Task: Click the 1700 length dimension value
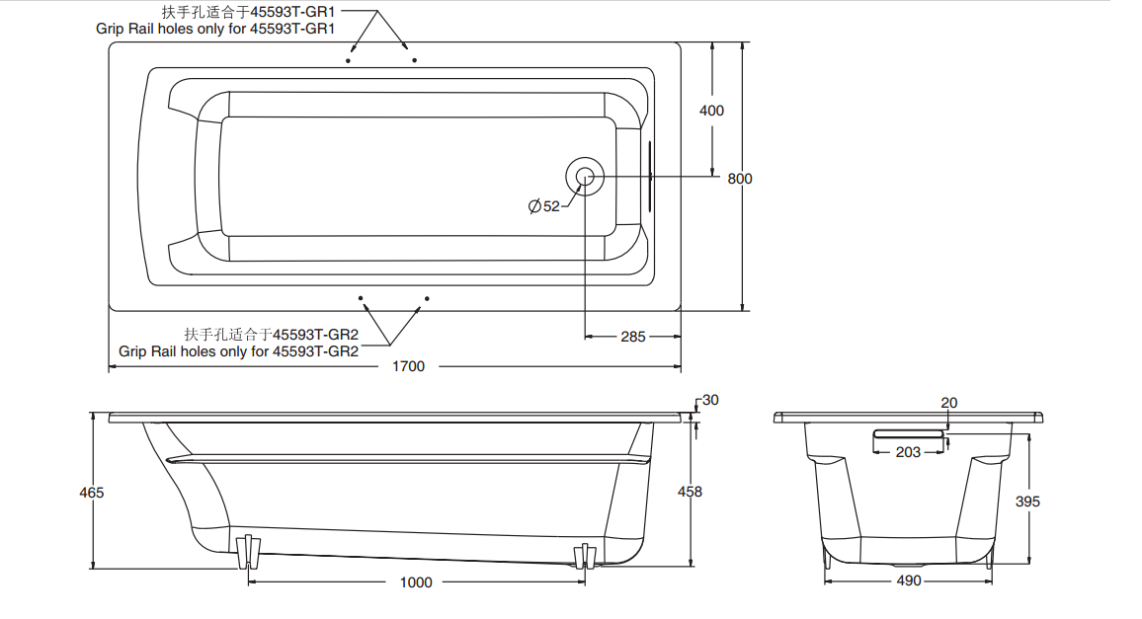point(408,366)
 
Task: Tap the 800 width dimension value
point(739,179)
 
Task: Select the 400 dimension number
point(711,111)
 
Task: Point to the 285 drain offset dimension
point(633,337)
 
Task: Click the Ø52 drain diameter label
point(544,206)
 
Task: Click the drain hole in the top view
point(585,177)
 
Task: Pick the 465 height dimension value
point(92,493)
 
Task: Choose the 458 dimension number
point(690,492)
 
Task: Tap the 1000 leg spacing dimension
point(416,582)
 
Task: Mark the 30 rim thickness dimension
point(710,400)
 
